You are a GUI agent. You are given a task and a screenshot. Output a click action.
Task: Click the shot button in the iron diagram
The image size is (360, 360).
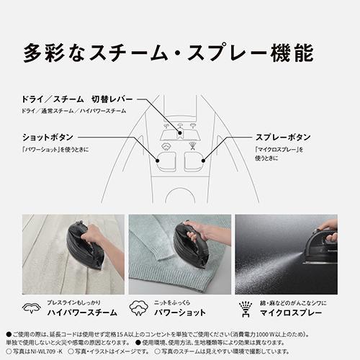pyautogui.click(x=166, y=160)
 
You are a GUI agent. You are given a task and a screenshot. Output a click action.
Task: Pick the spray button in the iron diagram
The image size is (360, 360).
pyautogui.click(x=194, y=160)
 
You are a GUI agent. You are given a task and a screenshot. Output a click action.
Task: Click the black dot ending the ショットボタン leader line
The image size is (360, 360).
pyautogui.click(x=158, y=150)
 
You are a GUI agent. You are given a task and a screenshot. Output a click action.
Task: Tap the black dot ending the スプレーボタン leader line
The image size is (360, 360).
pyautogui.click(x=204, y=150)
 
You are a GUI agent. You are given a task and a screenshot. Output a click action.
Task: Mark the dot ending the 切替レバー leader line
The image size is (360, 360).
pyautogui.click(x=171, y=122)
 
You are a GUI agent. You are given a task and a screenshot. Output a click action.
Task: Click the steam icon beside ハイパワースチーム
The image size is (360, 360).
pyautogui.click(x=32, y=310)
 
